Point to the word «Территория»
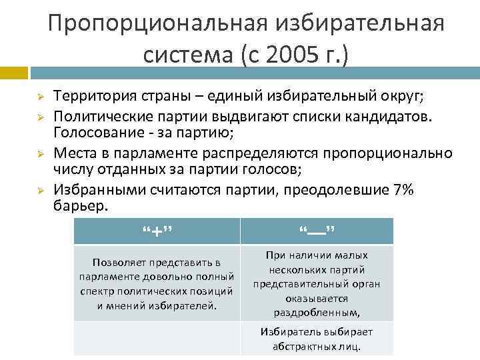92,96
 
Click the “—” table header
317,231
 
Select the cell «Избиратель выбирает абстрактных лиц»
317,339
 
